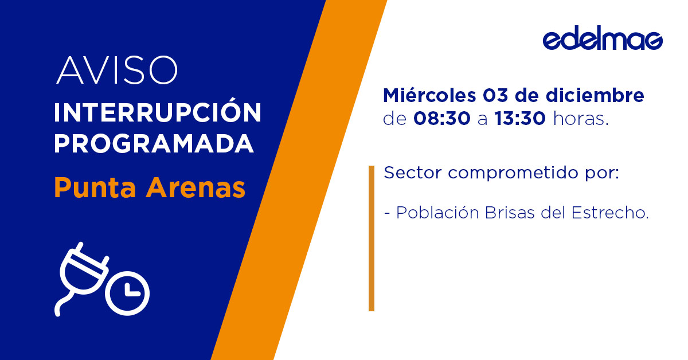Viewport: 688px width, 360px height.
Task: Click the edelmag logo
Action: click(x=603, y=40)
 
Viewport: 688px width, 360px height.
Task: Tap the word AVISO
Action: click(x=117, y=71)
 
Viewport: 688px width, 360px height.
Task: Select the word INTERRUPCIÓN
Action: click(x=158, y=112)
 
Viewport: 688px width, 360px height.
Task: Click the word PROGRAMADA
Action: click(x=154, y=143)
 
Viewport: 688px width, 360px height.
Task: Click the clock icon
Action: click(x=127, y=291)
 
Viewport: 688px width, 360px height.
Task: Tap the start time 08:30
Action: click(x=441, y=119)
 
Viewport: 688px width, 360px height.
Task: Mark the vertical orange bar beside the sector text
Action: click(x=372, y=238)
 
